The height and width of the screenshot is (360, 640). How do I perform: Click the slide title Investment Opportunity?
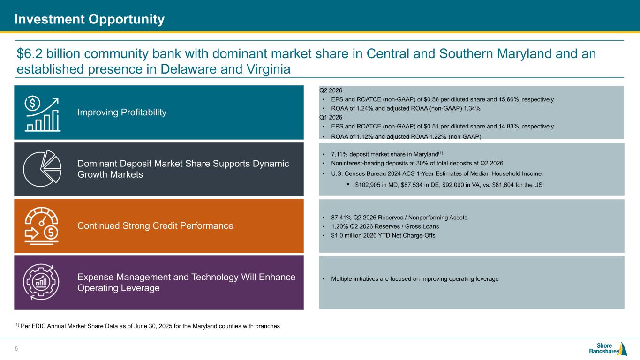click(90, 19)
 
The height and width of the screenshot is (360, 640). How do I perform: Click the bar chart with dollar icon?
click(42, 114)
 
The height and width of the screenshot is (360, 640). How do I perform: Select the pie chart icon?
click(42, 168)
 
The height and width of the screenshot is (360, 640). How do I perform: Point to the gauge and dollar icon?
click(41, 226)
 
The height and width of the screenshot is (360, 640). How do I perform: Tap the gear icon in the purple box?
click(41, 282)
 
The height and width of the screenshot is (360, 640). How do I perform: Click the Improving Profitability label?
click(122, 112)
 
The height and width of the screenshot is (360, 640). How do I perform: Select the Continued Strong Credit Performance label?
click(155, 226)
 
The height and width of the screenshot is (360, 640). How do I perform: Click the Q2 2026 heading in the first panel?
click(331, 90)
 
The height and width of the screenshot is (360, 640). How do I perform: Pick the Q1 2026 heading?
click(331, 117)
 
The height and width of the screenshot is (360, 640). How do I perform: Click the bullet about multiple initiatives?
click(415, 278)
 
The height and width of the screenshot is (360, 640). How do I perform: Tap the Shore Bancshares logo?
click(608, 349)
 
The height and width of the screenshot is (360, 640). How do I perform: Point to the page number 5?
click(16, 349)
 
